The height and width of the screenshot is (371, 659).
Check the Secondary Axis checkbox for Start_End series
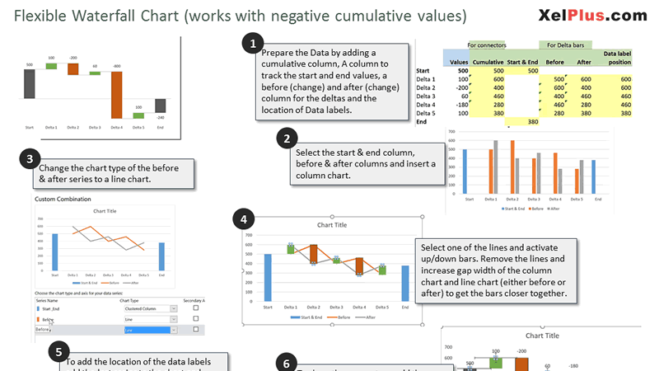[x=195, y=308]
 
